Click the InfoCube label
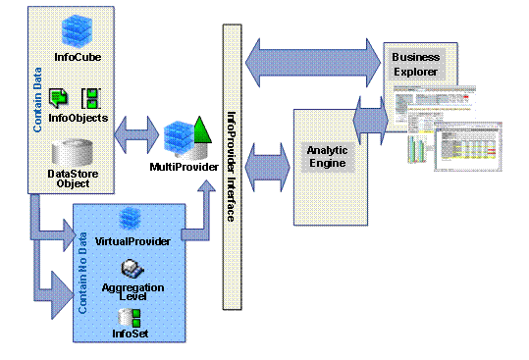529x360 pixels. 78,57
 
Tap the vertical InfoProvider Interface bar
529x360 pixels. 232,167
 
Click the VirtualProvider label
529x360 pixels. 130,240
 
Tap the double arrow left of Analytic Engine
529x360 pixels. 265,159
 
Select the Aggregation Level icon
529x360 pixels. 129,266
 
